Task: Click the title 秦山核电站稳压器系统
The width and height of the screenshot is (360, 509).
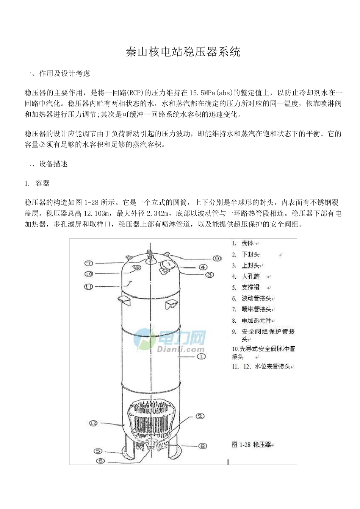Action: [183, 52]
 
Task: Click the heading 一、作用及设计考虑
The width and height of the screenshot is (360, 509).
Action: [57, 73]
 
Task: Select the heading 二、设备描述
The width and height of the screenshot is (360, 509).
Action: [46, 164]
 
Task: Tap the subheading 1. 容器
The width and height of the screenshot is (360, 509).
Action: [37, 183]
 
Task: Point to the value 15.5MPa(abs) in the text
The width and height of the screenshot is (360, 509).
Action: [210, 92]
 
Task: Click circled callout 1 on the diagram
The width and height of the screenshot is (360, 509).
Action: [202, 356]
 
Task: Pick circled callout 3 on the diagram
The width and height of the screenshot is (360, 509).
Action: [210, 275]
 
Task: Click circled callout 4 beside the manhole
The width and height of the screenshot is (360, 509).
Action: [203, 267]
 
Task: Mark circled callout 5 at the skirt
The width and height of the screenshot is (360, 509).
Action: [98, 451]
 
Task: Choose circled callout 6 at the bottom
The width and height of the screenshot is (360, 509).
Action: [101, 461]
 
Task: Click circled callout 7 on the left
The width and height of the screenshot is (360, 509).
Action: [89, 263]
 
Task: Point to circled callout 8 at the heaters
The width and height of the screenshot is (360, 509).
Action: [203, 446]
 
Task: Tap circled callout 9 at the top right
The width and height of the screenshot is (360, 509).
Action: [217, 258]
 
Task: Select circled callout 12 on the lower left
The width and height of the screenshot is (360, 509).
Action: [94, 423]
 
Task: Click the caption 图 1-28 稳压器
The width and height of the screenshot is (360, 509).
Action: [251, 445]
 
